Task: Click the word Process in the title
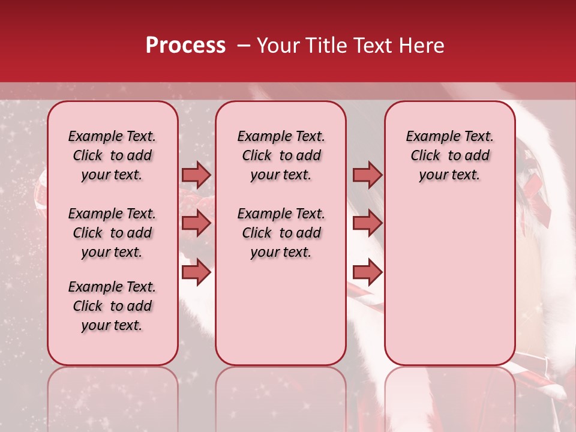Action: tap(185, 46)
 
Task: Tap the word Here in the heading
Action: tap(421, 46)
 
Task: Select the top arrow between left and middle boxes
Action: tap(196, 175)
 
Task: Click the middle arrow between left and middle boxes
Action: tap(196, 223)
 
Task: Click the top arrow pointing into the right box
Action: tap(367, 175)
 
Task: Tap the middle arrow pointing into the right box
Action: tap(367, 223)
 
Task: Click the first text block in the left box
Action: tap(112, 155)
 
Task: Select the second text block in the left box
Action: tap(112, 233)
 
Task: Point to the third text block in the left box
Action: tap(112, 306)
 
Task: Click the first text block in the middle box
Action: tap(281, 155)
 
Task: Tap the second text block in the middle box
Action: tap(281, 233)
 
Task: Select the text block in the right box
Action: tap(450, 155)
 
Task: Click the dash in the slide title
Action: tap(244, 46)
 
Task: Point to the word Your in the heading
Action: tap(278, 46)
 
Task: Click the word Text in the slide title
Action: tap(372, 46)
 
